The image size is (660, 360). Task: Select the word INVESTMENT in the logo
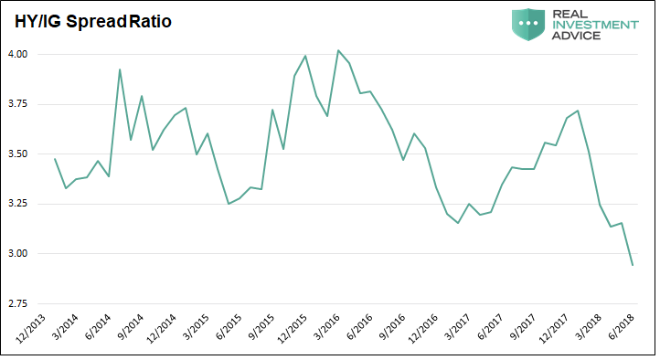pos(595,25)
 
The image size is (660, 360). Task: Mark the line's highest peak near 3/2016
pos(338,50)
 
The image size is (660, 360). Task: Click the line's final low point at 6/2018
pos(633,265)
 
